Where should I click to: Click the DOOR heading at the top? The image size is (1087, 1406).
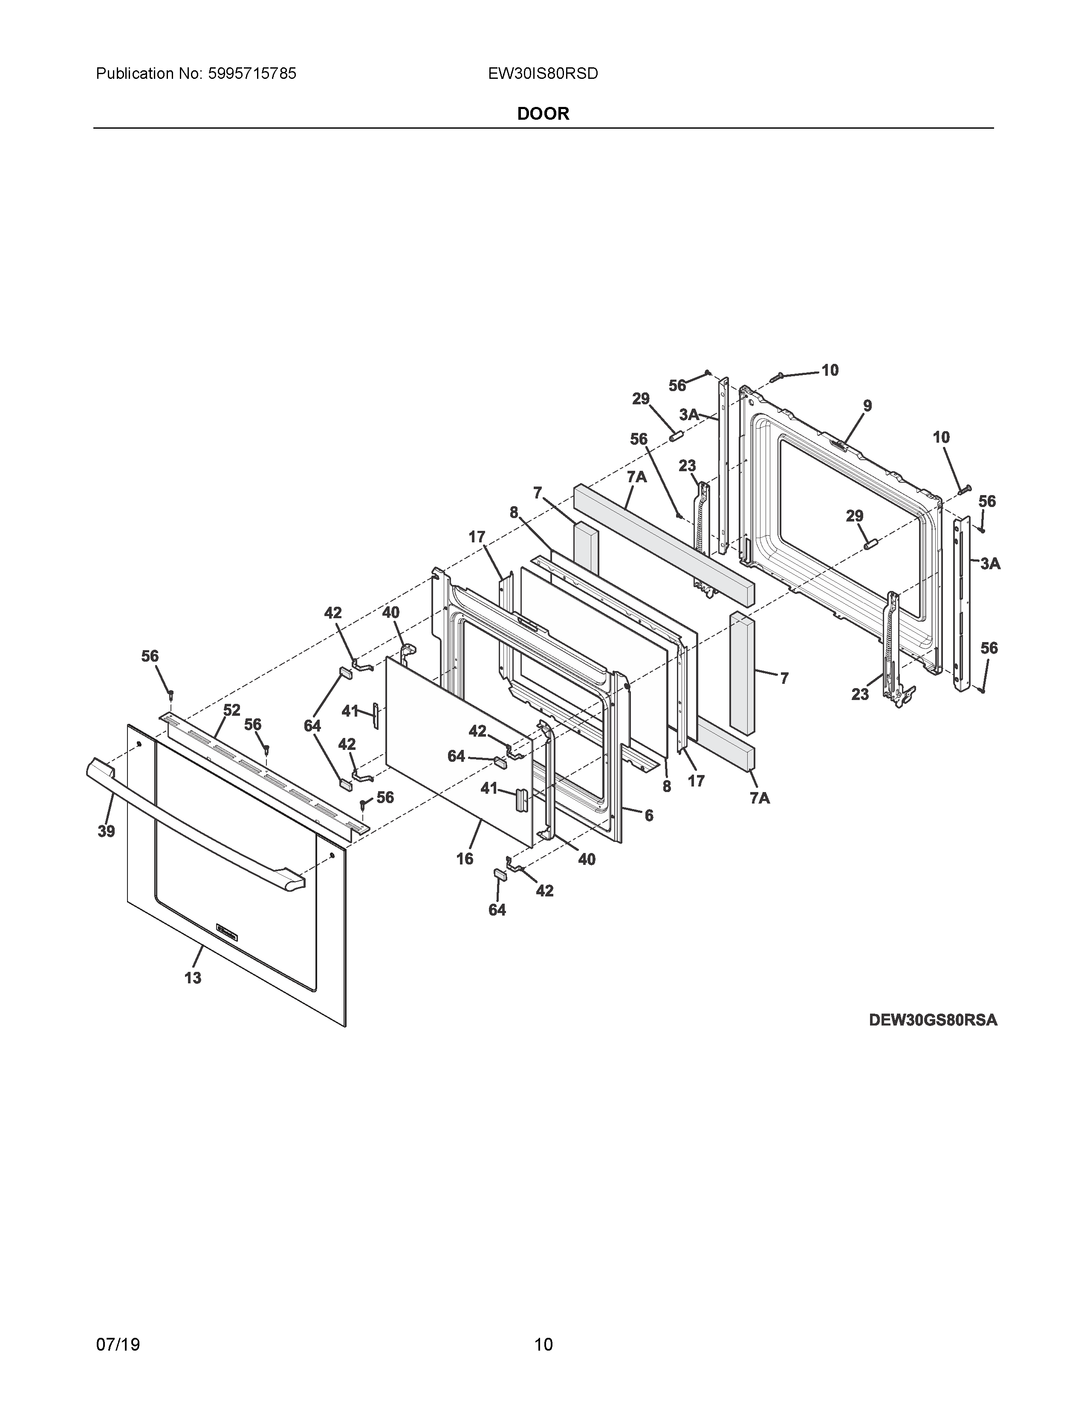[543, 114]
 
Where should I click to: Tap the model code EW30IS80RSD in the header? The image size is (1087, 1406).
[543, 74]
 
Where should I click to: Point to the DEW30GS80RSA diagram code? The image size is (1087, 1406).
[932, 1020]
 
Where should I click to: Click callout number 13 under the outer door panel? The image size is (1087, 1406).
[193, 978]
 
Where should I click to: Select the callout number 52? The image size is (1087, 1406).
[232, 710]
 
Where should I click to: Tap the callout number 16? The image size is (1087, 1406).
[464, 858]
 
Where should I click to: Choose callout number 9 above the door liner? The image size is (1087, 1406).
[867, 406]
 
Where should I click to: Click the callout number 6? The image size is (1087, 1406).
[648, 815]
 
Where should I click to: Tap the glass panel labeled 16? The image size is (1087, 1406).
[457, 747]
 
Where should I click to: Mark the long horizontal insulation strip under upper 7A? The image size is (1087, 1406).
[663, 547]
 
